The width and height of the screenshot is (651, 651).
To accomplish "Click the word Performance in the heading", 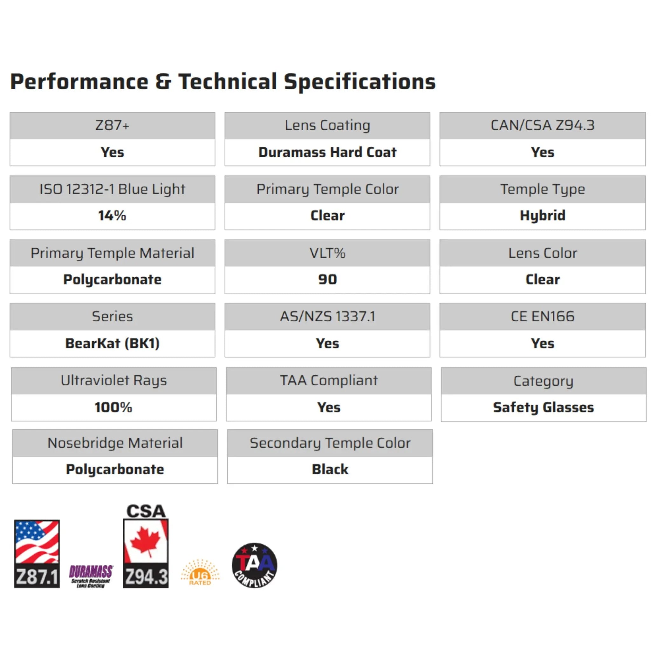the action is click(x=79, y=82).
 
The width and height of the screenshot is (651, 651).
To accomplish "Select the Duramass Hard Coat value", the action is click(x=327, y=152).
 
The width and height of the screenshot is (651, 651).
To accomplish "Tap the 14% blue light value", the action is click(x=112, y=216).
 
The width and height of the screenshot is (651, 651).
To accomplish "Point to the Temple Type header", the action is click(x=543, y=189).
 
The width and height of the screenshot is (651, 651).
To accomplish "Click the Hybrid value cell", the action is click(x=543, y=216).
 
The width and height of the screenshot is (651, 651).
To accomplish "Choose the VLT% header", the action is click(x=327, y=253).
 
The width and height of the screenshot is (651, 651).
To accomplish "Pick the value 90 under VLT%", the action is click(x=327, y=280).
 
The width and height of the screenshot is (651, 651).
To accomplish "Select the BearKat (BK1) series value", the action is click(x=112, y=344).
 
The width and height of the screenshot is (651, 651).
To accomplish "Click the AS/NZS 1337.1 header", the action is click(x=327, y=317).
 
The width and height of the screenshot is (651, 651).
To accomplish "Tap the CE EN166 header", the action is click(x=543, y=317).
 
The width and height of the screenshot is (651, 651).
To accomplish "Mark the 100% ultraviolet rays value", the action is click(x=113, y=408).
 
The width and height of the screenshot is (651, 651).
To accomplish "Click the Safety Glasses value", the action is click(x=543, y=408).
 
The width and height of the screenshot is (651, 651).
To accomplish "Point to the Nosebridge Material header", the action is click(x=115, y=443).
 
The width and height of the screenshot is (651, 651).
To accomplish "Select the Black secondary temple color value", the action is click(x=330, y=470).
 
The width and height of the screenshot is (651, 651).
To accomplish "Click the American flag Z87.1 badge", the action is click(x=37, y=554).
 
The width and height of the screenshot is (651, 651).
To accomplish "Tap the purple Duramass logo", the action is click(x=91, y=576).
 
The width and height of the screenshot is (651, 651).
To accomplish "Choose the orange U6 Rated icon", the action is click(x=200, y=573).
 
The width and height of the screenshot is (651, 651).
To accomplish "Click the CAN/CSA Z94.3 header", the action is click(x=543, y=125).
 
